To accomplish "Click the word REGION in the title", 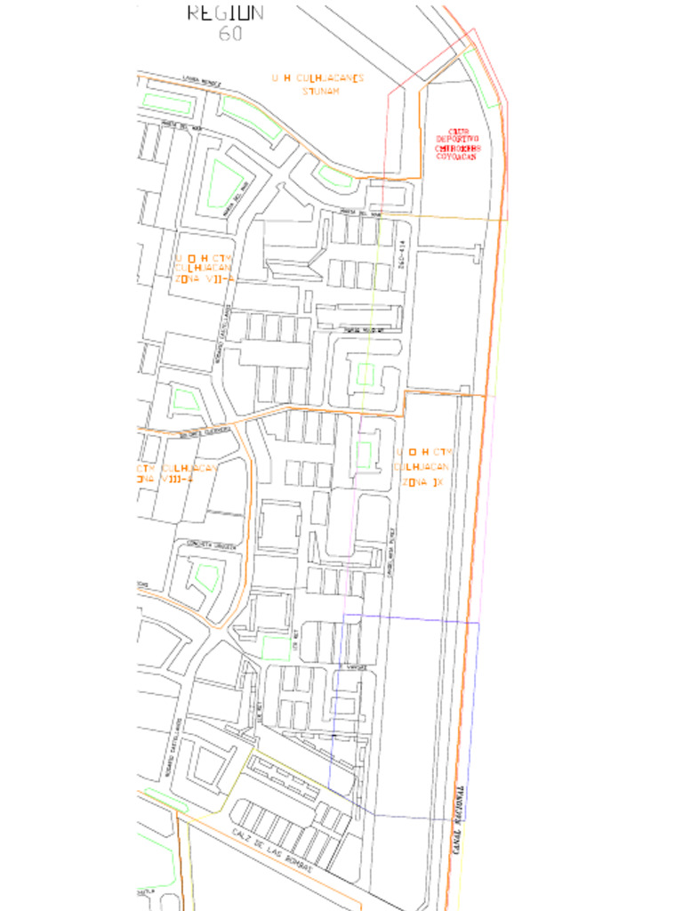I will [225, 12].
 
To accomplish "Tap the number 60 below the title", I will [230, 34].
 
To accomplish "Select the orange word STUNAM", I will [321, 91].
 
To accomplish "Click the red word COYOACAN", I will [456, 156].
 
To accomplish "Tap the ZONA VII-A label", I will [205, 278].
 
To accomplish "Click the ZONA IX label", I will [422, 481].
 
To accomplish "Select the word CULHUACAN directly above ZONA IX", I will [422, 467].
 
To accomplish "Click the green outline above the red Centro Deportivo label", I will [480, 75].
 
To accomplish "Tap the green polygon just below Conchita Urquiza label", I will [206, 577].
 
